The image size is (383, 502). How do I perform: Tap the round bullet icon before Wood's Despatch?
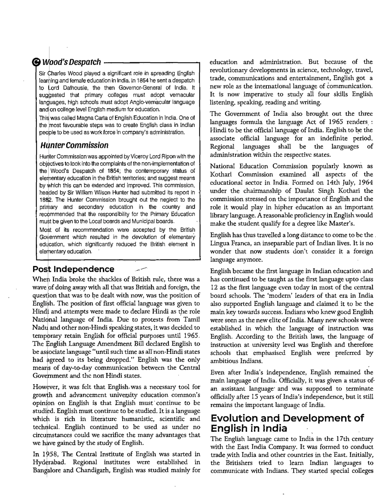pyautogui.click(x=36, y=62)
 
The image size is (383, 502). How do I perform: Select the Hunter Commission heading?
pyautogui.click(x=74, y=145)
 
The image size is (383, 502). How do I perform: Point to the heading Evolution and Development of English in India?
pyautogui.click(x=287, y=423)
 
